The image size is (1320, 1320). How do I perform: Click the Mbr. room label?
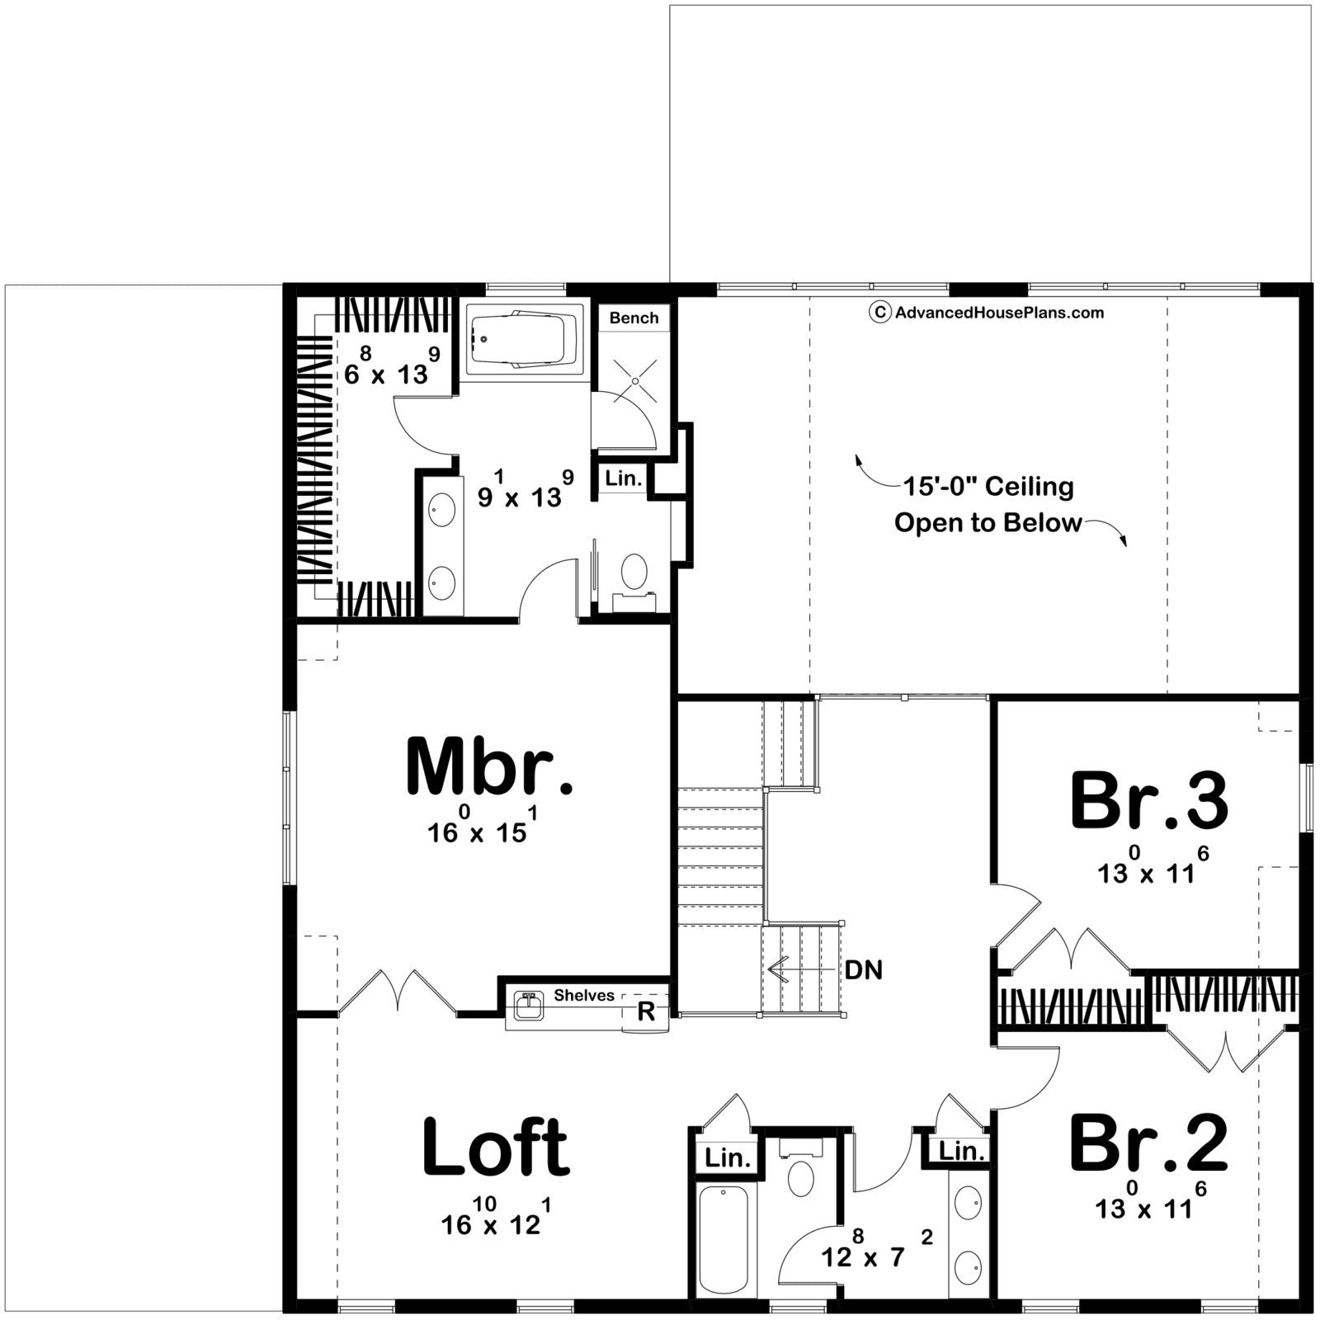point(489,767)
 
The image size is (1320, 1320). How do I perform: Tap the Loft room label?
point(495,1147)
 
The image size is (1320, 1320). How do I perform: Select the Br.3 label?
point(1149,800)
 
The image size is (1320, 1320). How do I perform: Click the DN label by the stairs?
point(864,970)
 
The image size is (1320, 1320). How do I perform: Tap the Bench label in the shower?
point(634,318)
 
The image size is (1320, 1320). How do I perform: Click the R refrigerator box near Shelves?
point(646,1011)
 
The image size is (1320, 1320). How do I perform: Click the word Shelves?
point(584,995)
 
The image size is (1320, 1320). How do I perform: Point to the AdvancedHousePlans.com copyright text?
point(987,312)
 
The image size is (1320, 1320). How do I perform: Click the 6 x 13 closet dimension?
point(392,366)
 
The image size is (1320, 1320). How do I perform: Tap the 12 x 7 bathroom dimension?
point(877,1249)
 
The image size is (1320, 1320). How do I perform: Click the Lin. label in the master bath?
point(623,478)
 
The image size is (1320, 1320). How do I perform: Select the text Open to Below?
point(988,523)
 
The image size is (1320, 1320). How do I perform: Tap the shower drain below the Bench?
point(635,379)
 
